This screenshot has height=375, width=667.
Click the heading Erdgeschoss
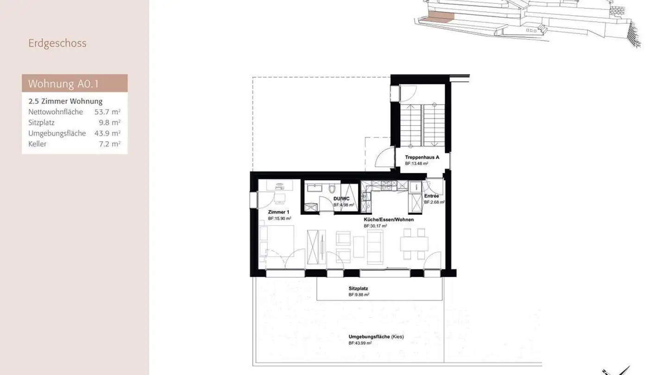(57, 43)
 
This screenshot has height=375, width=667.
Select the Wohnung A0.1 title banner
(75, 84)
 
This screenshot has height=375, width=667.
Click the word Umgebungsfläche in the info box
(57, 133)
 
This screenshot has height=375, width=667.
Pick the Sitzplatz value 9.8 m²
(110, 123)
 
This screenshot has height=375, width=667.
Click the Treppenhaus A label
(422, 157)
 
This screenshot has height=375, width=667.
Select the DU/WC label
(341, 199)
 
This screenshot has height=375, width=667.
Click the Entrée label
(431, 196)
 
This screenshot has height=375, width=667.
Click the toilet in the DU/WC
(331, 189)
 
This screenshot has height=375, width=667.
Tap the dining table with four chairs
(414, 244)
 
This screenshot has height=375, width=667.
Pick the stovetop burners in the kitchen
(386, 186)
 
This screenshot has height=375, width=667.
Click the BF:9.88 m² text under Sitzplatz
(359, 294)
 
